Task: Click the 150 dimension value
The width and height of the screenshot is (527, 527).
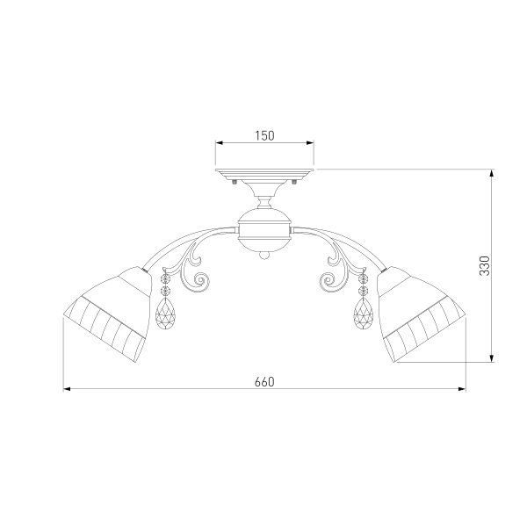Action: coord(265,135)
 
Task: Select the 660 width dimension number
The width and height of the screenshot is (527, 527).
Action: coord(264,381)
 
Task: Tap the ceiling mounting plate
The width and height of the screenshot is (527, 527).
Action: coord(264,176)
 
